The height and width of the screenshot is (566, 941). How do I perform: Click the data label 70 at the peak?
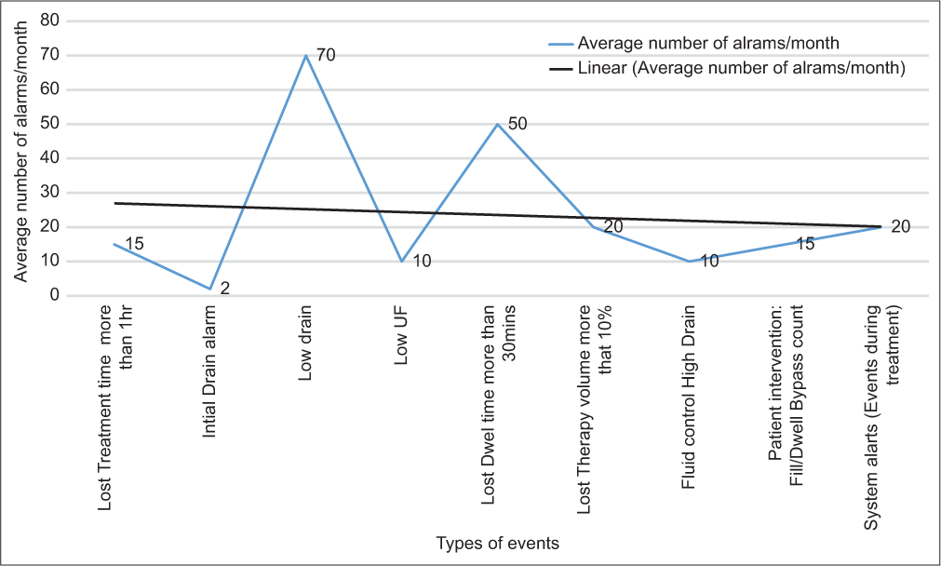point(325,55)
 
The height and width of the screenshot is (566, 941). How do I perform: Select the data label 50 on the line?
point(518,124)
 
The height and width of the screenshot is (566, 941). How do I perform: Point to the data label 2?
point(224,289)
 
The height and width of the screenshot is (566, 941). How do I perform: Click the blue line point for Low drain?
point(306,55)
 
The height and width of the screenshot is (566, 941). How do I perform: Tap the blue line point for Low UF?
point(401,262)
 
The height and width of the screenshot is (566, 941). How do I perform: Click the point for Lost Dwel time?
point(497,124)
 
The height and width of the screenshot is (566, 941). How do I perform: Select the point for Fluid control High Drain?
point(689,262)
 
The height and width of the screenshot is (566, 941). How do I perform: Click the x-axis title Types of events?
point(498,543)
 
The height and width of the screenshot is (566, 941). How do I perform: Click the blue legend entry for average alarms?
point(708,43)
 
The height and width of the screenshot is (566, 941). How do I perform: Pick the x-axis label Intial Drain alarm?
point(211,362)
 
